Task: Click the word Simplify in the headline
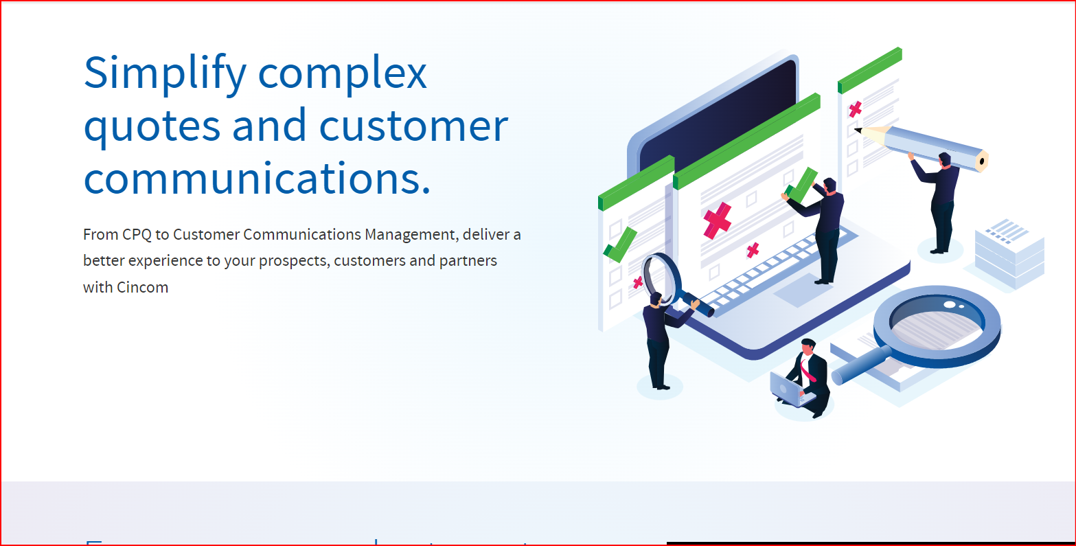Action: (164, 73)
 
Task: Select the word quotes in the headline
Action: (152, 127)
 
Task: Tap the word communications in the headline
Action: (256, 179)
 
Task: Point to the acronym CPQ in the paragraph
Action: (137, 235)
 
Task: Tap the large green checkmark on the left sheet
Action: (620, 245)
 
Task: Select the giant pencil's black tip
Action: (858, 130)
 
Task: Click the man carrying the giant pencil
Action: (942, 203)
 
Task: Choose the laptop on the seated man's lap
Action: (787, 389)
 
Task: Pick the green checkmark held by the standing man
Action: (801, 185)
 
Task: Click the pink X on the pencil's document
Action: (856, 109)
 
